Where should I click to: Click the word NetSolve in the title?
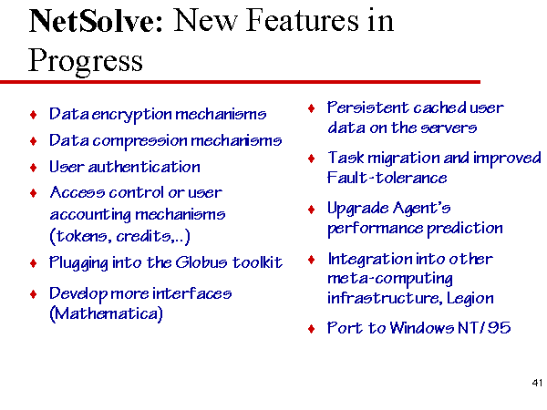(x=96, y=21)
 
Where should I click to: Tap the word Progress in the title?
(x=86, y=61)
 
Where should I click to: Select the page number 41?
(x=537, y=383)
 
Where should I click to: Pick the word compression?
(x=139, y=141)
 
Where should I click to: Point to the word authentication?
(x=144, y=168)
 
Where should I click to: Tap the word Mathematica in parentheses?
(x=107, y=313)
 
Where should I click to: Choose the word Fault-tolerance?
(x=387, y=178)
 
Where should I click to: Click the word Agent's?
(x=421, y=209)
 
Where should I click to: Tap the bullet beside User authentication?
(x=34, y=168)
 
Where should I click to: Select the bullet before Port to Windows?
(x=312, y=329)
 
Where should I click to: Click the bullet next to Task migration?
(x=312, y=159)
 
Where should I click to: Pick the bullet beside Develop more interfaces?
(x=34, y=294)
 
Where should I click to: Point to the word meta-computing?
(x=390, y=279)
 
